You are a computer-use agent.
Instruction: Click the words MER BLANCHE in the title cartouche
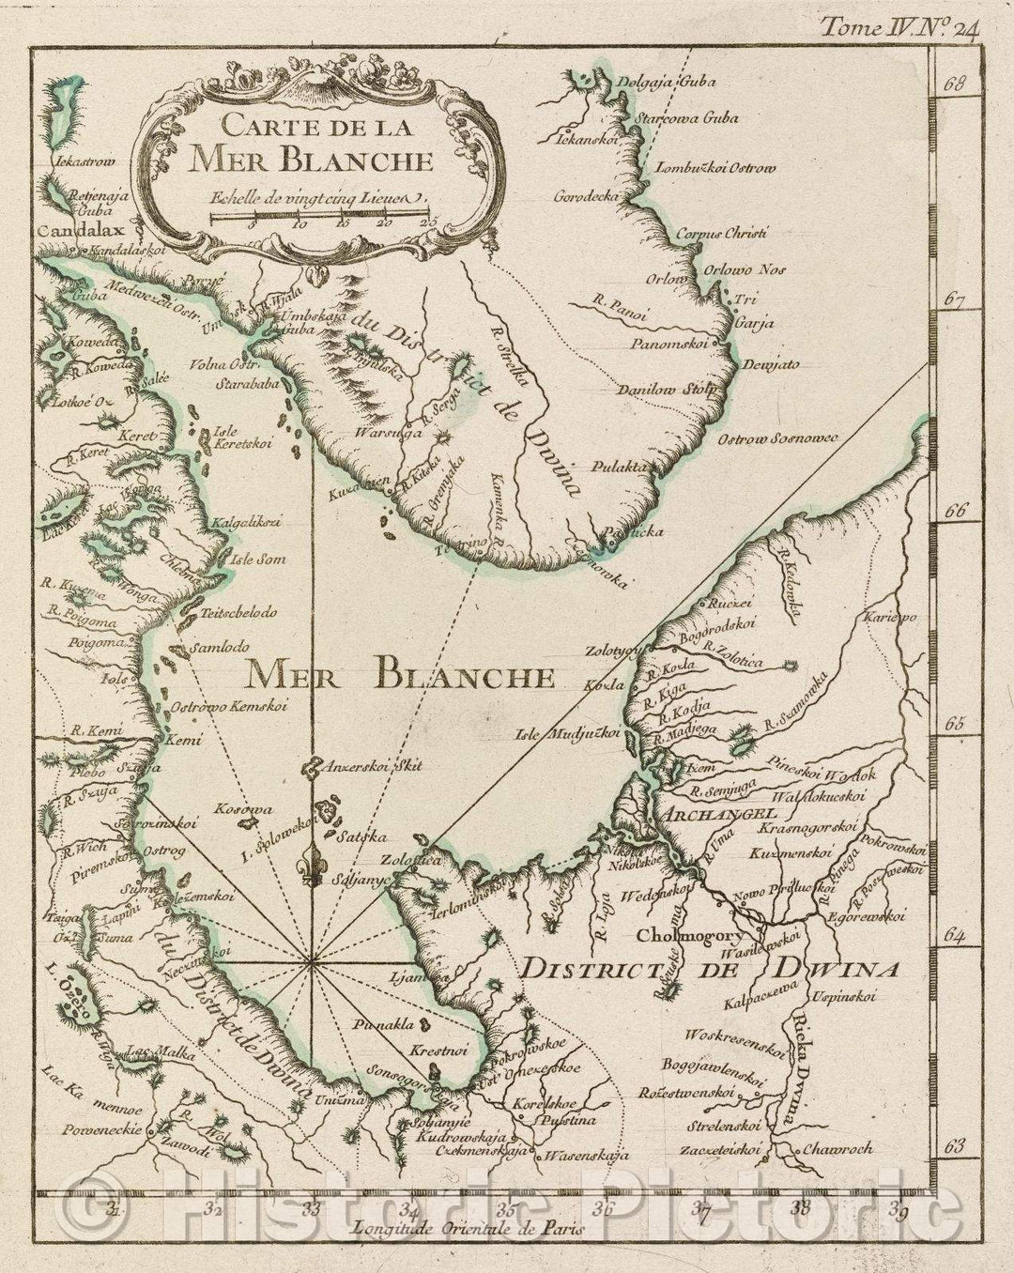coord(311,160)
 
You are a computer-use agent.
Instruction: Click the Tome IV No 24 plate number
coord(899,28)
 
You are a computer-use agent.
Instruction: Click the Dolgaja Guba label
coord(667,82)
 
